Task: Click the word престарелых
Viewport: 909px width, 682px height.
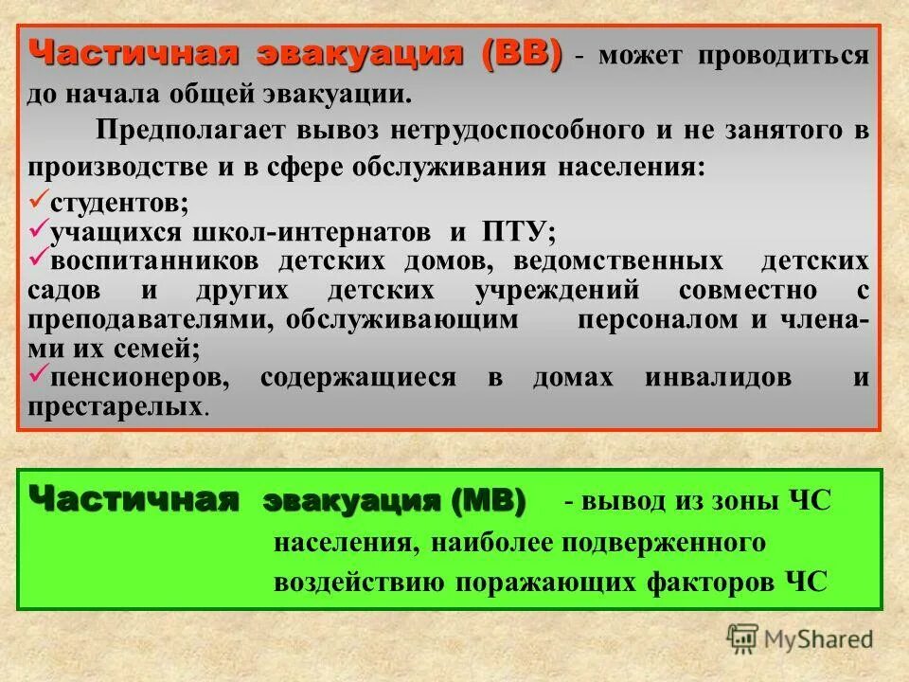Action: click(116, 407)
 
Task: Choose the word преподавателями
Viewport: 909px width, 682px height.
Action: click(142, 319)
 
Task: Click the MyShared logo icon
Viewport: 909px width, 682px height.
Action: click(743, 639)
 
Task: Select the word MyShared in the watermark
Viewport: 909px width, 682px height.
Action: click(818, 639)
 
